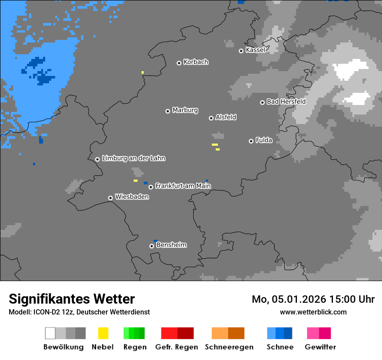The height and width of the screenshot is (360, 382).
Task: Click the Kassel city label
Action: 255,50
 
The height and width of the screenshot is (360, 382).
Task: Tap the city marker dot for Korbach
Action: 179,63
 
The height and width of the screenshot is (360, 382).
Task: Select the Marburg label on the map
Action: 185,110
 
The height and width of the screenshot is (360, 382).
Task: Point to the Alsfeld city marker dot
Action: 211,118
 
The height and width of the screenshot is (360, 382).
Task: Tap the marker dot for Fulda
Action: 251,141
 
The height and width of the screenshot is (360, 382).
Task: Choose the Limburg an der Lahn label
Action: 133,158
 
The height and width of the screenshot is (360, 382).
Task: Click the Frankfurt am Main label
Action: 183,186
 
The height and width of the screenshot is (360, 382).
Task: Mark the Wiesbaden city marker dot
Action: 110,198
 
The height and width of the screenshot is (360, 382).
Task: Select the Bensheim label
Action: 171,245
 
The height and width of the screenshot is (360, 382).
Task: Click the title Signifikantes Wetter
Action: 72,299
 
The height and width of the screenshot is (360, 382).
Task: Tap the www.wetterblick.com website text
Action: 313,312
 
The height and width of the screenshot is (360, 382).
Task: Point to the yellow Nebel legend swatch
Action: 103,333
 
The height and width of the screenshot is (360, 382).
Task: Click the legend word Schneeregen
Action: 229,347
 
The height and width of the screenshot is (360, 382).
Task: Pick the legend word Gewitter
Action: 320,347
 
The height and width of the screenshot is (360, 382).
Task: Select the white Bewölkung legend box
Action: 50,333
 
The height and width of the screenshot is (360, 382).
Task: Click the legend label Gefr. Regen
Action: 177,347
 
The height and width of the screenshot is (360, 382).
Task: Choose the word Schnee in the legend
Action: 280,347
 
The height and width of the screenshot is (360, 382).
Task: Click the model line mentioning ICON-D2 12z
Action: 79,312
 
